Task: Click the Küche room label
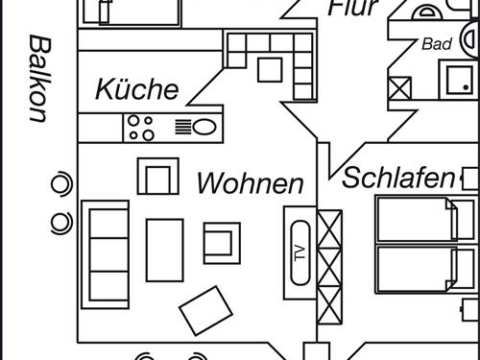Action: tap(136, 89)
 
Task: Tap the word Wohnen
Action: tap(251, 183)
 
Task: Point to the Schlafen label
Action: tap(397, 178)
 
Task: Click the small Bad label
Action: tap(436, 44)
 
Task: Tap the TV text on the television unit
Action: tap(299, 254)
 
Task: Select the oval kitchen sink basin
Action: tap(204, 127)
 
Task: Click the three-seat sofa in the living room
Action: tap(105, 253)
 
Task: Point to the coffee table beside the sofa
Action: tap(164, 250)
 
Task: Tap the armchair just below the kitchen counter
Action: tap(158, 176)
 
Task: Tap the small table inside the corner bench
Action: tap(270, 69)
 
